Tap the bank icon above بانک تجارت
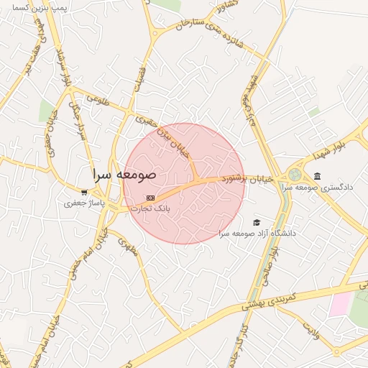pyautogui.click(x=149, y=198)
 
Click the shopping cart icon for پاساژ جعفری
pyautogui.click(x=85, y=192)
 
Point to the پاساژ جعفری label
pyautogui.click(x=85, y=204)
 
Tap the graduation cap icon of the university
pyautogui.click(x=257, y=222)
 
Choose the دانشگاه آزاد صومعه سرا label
pyautogui.click(x=257, y=234)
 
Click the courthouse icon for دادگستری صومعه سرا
pyautogui.click(x=317, y=176)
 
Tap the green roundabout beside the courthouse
pyautogui.click(x=295, y=175)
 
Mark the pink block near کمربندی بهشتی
pyautogui.click(x=340, y=304)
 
